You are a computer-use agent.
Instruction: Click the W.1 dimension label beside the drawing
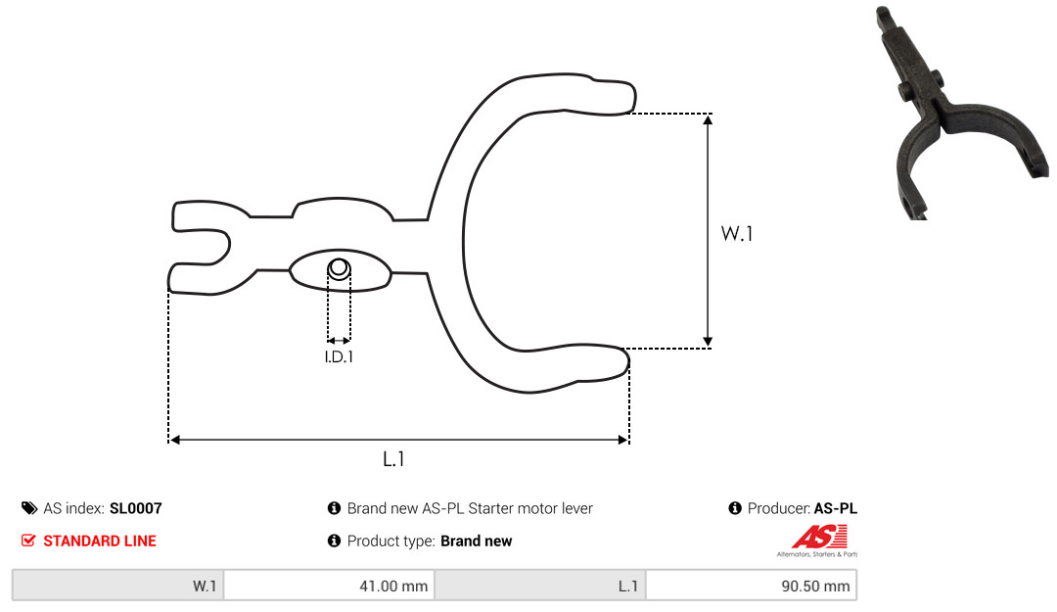coord(737,233)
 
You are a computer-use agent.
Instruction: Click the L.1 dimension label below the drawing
coord(393,459)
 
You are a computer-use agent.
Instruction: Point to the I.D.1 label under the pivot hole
coord(339,356)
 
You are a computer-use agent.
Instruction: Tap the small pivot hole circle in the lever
coord(339,268)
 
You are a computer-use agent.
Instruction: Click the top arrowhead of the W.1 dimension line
coord(708,120)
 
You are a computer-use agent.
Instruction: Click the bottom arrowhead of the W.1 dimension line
coord(708,342)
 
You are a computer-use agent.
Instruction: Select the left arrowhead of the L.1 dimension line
coord(174,440)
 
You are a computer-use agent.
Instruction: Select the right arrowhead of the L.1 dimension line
coord(622,440)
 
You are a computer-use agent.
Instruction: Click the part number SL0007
coord(135,508)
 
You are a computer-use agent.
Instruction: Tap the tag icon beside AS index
coord(29,508)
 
